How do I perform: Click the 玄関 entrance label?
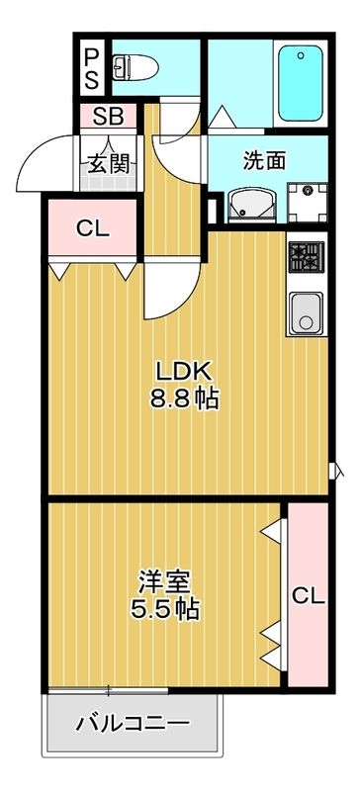pos(110,162)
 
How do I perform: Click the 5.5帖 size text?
pos(165,608)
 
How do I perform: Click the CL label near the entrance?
pos(92,228)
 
